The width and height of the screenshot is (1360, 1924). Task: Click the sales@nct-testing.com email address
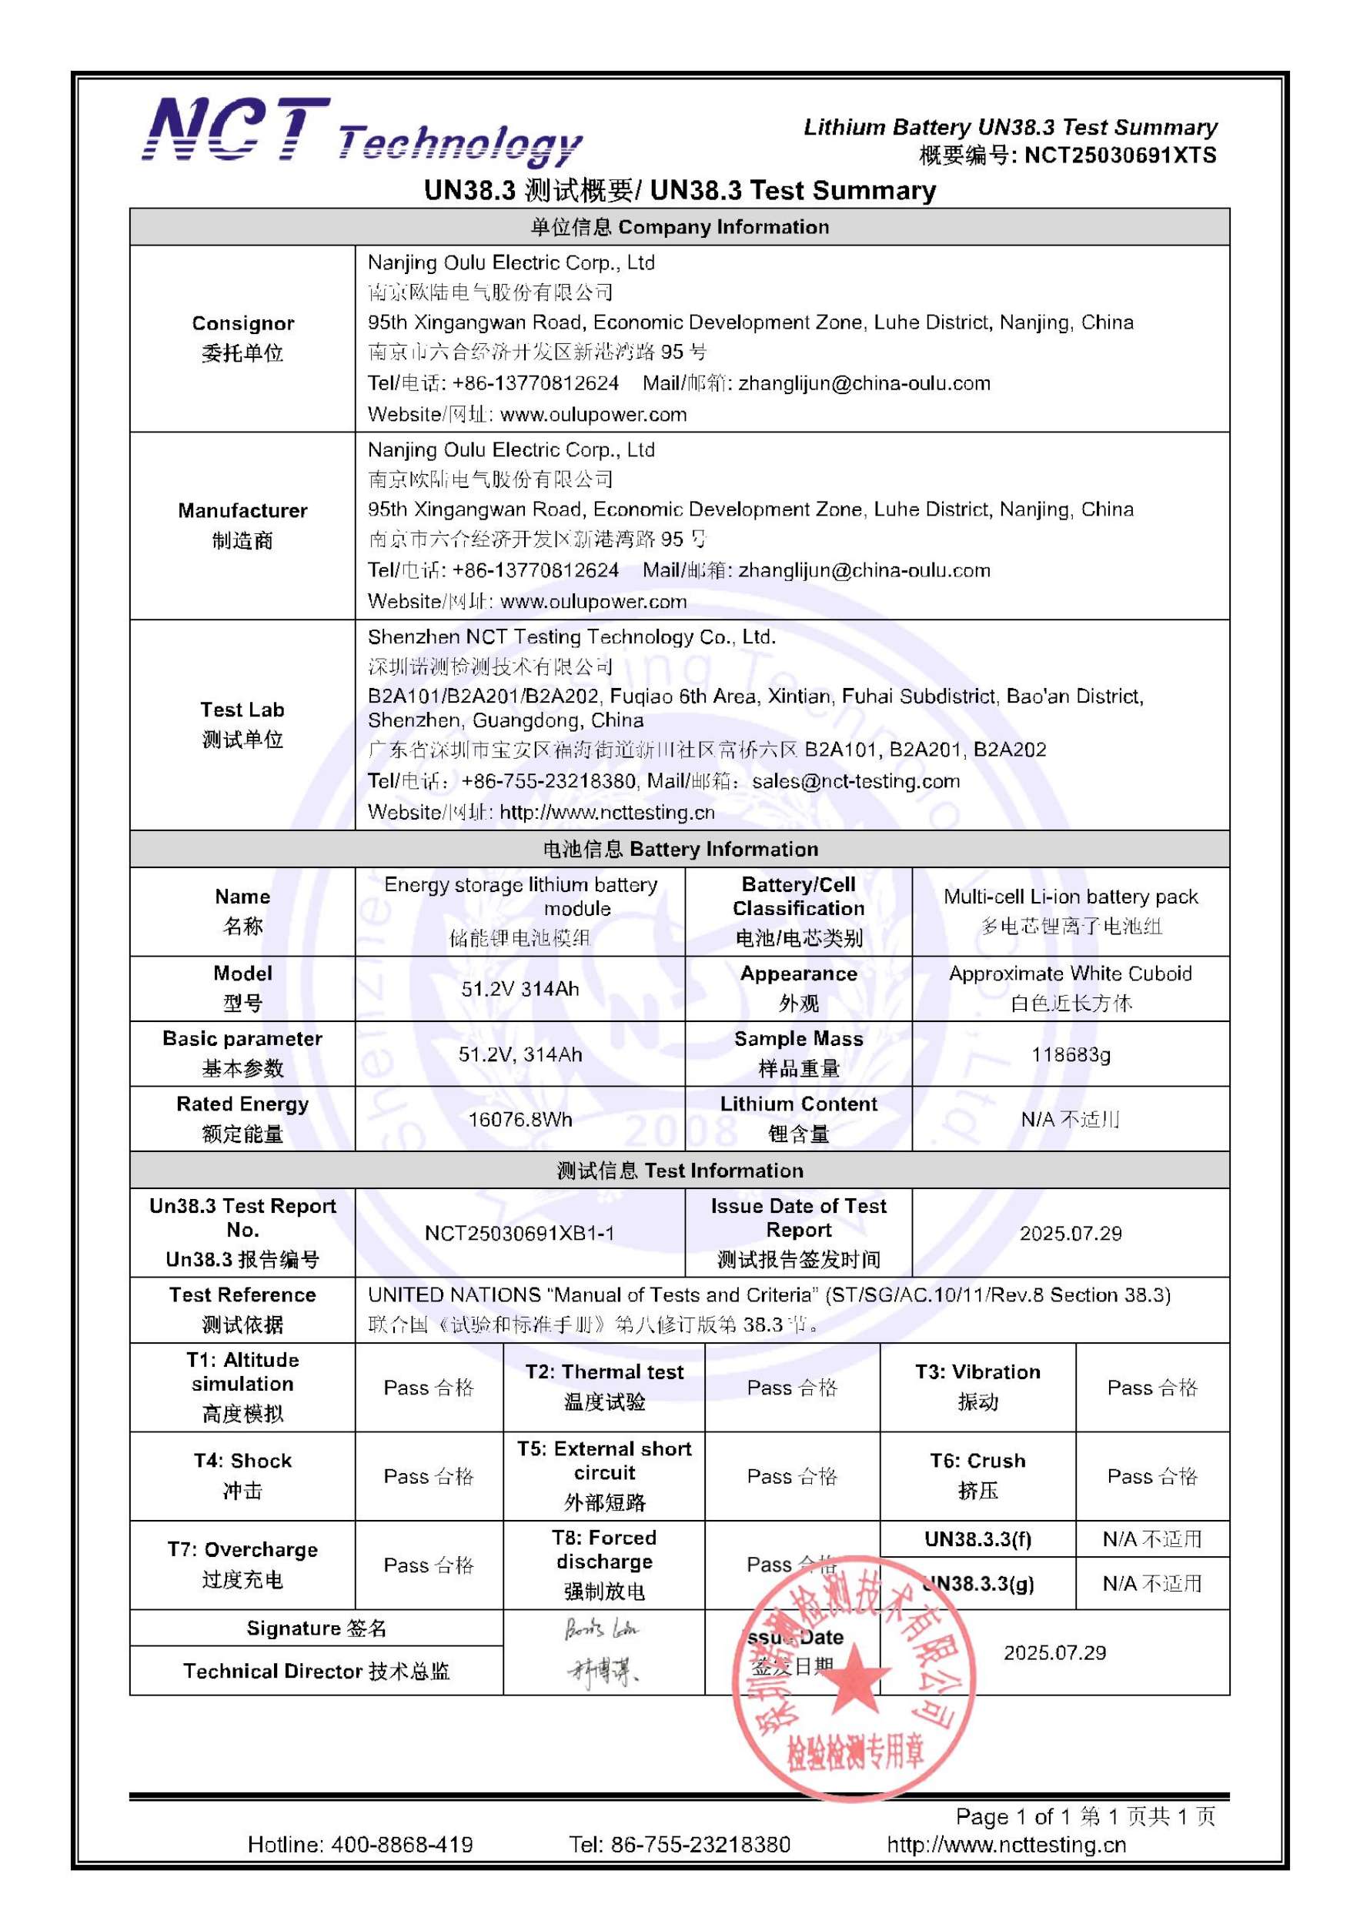click(x=856, y=781)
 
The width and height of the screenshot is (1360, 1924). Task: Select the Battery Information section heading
click(x=680, y=849)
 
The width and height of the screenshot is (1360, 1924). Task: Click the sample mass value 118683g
click(x=1070, y=1054)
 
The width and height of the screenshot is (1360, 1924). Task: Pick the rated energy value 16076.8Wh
click(x=520, y=1120)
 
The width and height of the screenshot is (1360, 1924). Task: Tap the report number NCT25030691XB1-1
click(x=520, y=1233)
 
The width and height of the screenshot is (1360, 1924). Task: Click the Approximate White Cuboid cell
click(x=1070, y=988)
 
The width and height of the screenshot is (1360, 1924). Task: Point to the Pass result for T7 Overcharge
click(x=428, y=1565)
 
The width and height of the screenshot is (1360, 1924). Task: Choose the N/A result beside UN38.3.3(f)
click(x=1152, y=1538)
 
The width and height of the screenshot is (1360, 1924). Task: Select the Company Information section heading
click(x=680, y=227)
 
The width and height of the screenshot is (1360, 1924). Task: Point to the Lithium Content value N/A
click(x=1070, y=1120)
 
